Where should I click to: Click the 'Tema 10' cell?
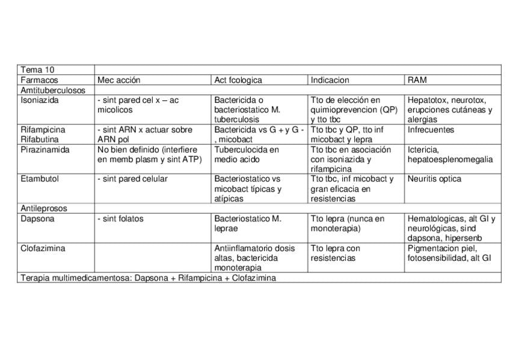pyautogui.click(x=37, y=70)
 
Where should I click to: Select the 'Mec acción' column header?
pyautogui.click(x=118, y=80)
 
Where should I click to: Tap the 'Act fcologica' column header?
pyautogui.click(x=238, y=80)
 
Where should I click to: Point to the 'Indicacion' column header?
pyautogui.click(x=330, y=80)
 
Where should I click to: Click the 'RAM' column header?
pyautogui.click(x=417, y=80)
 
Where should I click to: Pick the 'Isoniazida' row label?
pyautogui.click(x=40, y=100)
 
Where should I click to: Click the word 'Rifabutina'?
pyautogui.click(x=40, y=139)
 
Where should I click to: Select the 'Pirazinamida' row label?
pyautogui.click(x=45, y=150)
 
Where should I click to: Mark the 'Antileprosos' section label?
pyautogui.click(x=44, y=209)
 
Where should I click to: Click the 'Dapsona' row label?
pyautogui.click(x=37, y=219)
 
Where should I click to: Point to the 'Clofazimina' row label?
pyautogui.click(x=43, y=248)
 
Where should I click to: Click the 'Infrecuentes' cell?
pyautogui.click(x=431, y=130)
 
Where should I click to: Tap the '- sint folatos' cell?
pyautogui.click(x=120, y=219)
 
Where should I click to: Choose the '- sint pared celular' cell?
pyautogui.click(x=132, y=178)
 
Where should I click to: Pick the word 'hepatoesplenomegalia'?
pyautogui.click(x=450, y=159)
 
